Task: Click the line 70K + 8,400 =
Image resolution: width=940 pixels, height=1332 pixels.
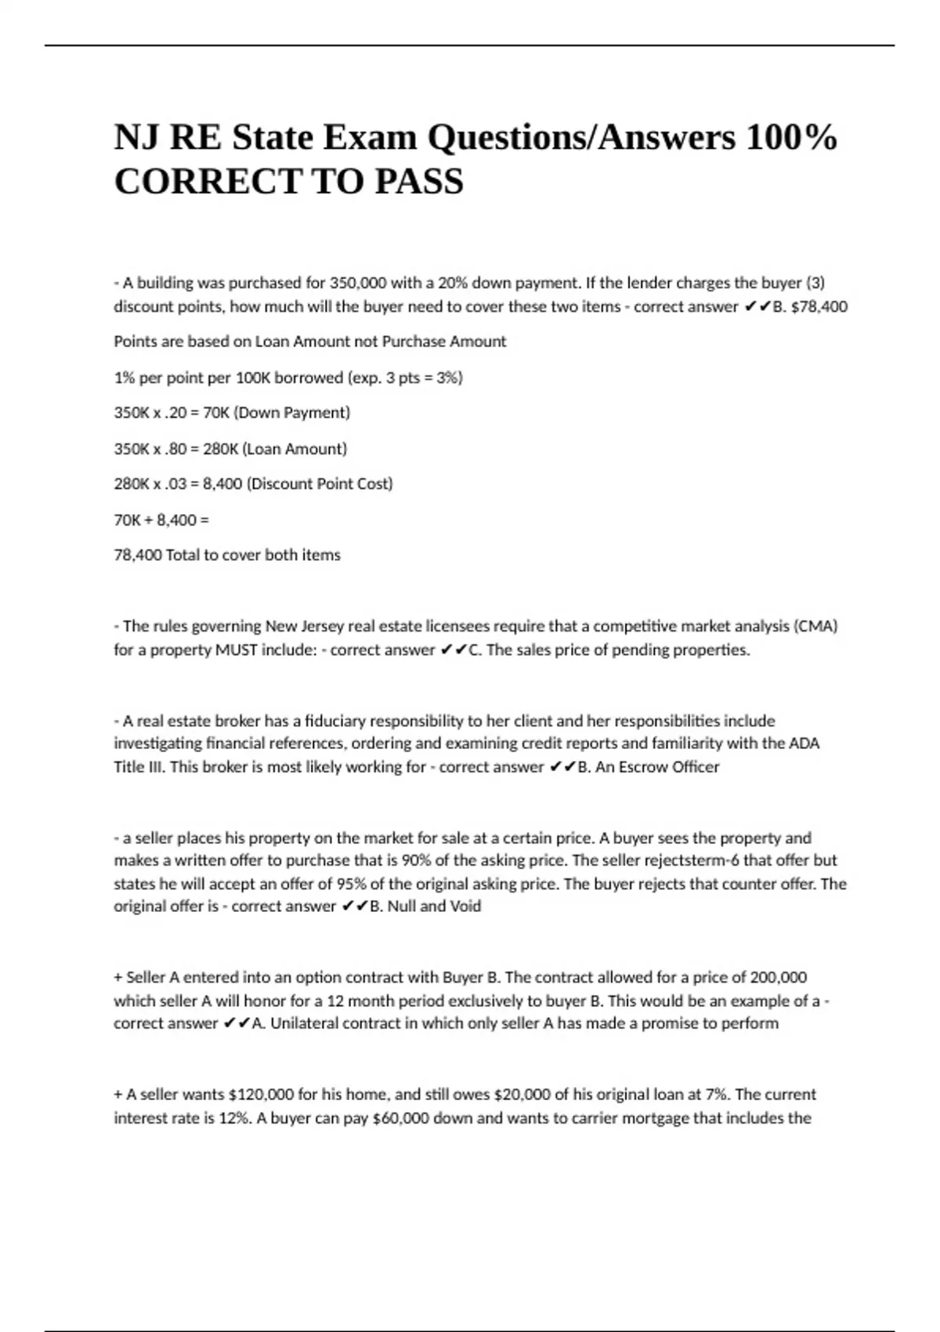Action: [x=161, y=519]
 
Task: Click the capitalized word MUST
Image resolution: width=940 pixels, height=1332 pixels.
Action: [x=237, y=650]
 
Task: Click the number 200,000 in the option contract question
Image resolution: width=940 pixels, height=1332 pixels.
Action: [x=779, y=977]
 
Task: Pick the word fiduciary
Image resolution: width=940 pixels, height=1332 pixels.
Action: [x=334, y=720]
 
